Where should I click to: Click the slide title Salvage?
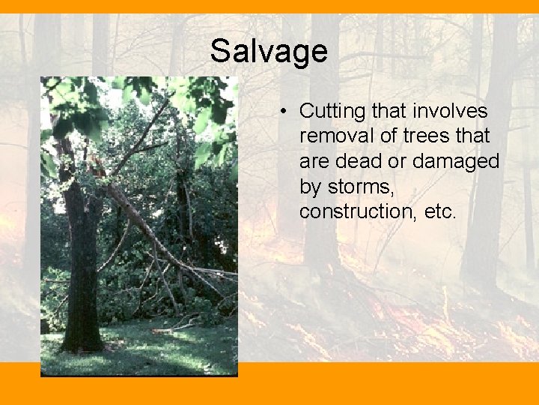tap(269, 52)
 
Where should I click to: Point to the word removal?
tap(332, 136)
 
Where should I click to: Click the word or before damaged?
tap(403, 162)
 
